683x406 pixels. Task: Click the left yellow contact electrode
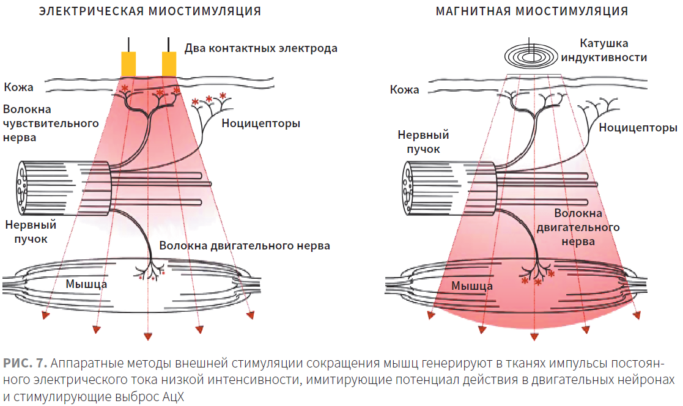(128, 64)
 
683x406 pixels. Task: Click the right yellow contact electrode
(169, 64)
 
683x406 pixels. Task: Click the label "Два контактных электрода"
(261, 48)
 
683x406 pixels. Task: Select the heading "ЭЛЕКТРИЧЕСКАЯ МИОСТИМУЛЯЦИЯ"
(150, 12)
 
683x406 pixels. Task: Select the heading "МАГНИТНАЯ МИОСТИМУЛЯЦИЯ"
(532, 12)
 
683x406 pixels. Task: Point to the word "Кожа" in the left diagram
(19, 87)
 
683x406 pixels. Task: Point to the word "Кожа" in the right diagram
(404, 90)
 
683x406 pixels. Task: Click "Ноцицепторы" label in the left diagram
(261, 124)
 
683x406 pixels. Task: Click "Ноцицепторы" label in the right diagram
(638, 128)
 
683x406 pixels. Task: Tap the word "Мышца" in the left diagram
(86, 284)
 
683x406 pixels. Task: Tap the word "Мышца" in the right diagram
(471, 286)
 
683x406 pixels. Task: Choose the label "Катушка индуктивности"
(604, 50)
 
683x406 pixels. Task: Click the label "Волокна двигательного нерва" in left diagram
(245, 246)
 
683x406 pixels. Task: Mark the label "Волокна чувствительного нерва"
(51, 124)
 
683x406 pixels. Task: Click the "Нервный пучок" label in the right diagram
(423, 142)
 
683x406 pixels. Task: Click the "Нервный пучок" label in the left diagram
(31, 232)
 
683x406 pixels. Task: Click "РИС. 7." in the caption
(25, 363)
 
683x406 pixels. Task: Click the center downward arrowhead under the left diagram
(148, 336)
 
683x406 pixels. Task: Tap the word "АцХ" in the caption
(174, 397)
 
